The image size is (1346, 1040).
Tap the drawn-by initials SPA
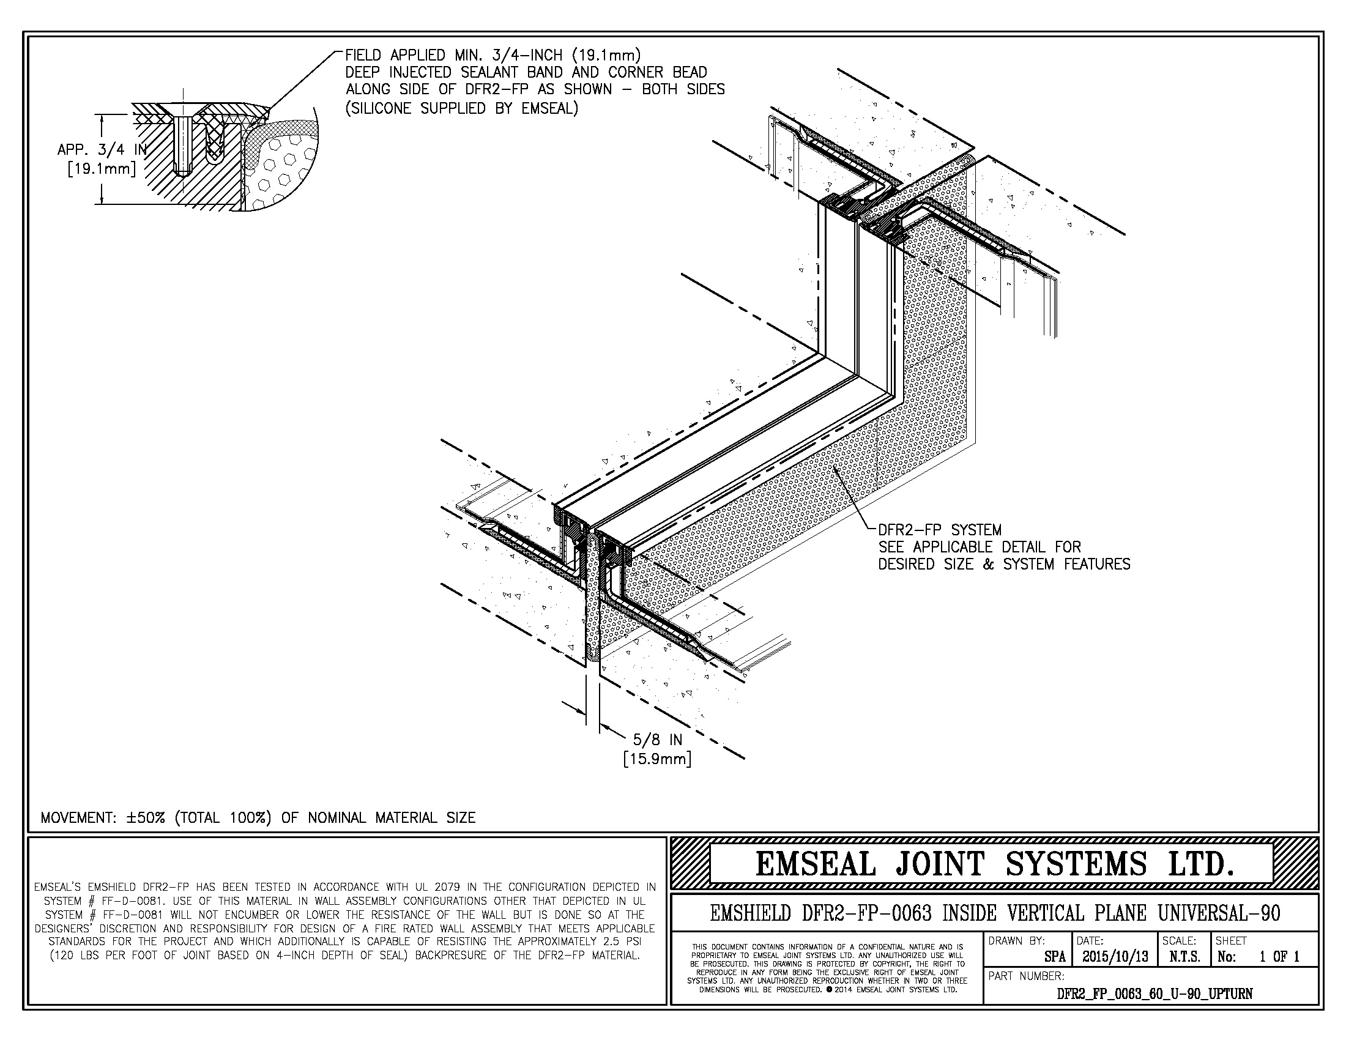click(x=1055, y=957)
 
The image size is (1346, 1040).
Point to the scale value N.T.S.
click(x=1184, y=957)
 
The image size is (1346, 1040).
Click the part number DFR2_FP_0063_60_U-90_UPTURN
click(x=1155, y=994)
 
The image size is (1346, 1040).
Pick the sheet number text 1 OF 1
click(x=1279, y=957)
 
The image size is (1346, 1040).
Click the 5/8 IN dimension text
click(x=658, y=739)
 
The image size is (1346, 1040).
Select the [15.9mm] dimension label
click(x=657, y=759)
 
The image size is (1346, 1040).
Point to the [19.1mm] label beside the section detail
click(x=102, y=168)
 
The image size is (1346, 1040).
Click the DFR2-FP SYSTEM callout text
click(x=940, y=530)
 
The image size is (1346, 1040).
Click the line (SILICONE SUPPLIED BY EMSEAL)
click(x=461, y=109)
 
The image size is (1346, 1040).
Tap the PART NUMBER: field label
click(x=1026, y=976)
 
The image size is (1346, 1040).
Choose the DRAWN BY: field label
click(x=1017, y=941)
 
